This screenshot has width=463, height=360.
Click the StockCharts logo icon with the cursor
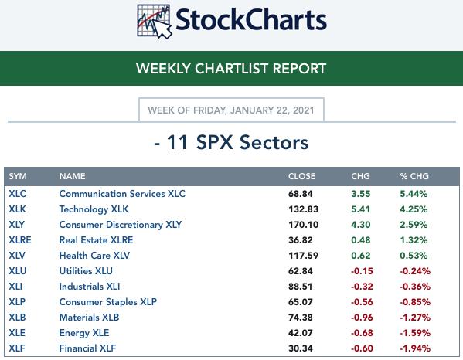(154, 22)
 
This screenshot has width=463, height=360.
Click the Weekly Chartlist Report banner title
(231, 69)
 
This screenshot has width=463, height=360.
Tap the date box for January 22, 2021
(231, 110)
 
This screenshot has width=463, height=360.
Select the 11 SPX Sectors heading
(231, 142)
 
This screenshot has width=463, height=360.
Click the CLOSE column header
(301, 176)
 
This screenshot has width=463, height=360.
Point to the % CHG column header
(414, 176)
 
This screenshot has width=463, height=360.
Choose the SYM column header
(18, 176)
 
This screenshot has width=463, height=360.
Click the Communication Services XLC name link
(122, 194)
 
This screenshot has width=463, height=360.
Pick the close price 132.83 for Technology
(303, 209)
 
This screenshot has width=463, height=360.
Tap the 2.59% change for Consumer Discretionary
(414, 225)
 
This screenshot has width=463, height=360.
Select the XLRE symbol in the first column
(20, 240)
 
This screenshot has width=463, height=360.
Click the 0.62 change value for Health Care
(360, 256)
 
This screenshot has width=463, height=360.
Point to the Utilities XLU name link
(86, 271)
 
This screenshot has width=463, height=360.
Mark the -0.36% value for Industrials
(415, 287)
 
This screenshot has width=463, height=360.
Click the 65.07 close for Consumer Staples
(301, 302)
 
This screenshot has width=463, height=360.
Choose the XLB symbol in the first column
(17, 318)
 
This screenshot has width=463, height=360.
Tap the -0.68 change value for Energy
(362, 333)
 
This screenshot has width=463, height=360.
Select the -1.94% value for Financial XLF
(415, 348)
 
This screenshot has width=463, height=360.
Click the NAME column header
(73, 176)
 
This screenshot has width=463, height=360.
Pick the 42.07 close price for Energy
(301, 333)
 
